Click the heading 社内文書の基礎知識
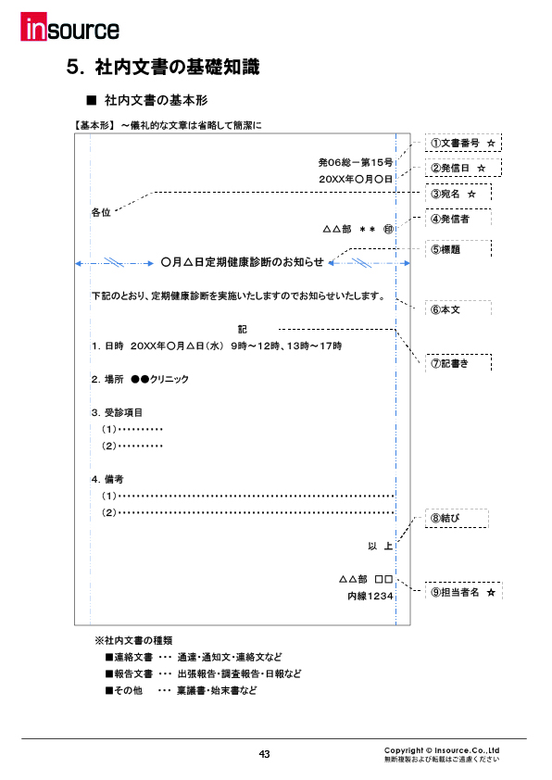point(163,67)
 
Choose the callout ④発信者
point(451,220)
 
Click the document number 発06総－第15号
point(355,161)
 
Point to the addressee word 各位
point(101,212)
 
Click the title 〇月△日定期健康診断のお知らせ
point(242,262)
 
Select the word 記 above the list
point(242,329)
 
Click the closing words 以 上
point(380,547)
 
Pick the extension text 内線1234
point(370,597)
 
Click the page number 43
point(264,754)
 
